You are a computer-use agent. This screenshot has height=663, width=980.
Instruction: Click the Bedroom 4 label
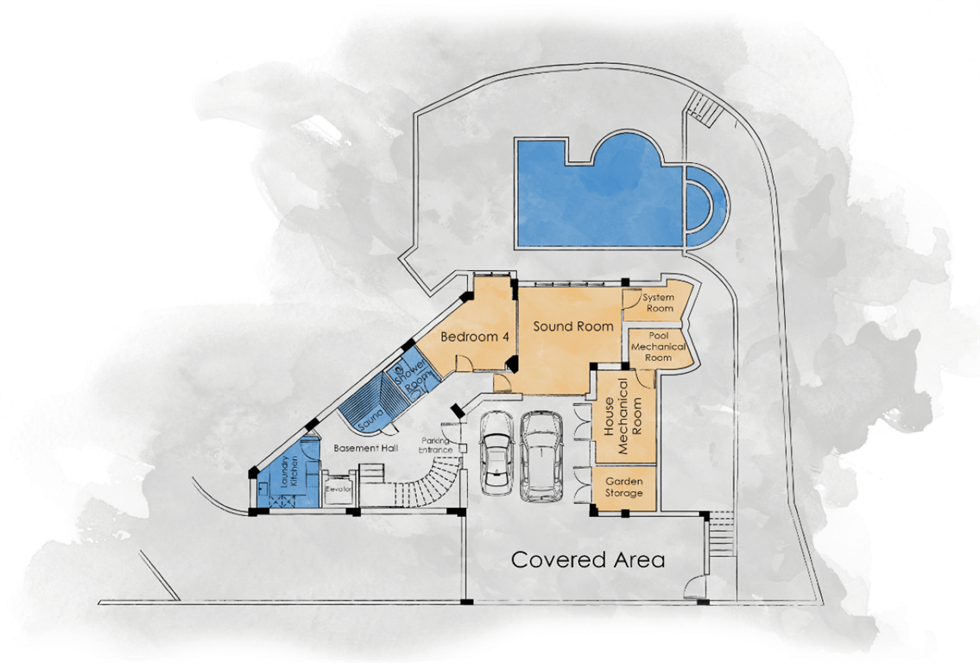click(474, 337)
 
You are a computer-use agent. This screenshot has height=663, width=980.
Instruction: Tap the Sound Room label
click(573, 326)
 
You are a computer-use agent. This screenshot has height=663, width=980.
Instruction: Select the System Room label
click(659, 302)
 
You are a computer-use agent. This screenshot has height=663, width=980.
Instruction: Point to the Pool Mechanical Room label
click(658, 346)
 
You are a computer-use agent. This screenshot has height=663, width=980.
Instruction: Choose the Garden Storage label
click(623, 487)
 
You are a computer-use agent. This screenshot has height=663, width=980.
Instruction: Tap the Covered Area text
click(587, 559)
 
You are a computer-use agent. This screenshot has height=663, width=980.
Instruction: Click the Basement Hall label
click(365, 448)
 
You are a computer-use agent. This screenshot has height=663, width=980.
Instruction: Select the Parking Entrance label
click(436, 445)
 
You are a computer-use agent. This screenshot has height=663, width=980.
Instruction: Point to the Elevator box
click(338, 489)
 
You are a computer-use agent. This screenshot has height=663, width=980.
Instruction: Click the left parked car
click(496, 452)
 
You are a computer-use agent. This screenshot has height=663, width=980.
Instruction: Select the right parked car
click(542, 456)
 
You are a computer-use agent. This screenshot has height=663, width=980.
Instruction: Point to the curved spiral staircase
click(431, 480)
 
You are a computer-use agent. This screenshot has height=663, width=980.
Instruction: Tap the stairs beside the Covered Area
click(720, 533)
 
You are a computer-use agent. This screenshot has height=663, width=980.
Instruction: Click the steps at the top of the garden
click(705, 108)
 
